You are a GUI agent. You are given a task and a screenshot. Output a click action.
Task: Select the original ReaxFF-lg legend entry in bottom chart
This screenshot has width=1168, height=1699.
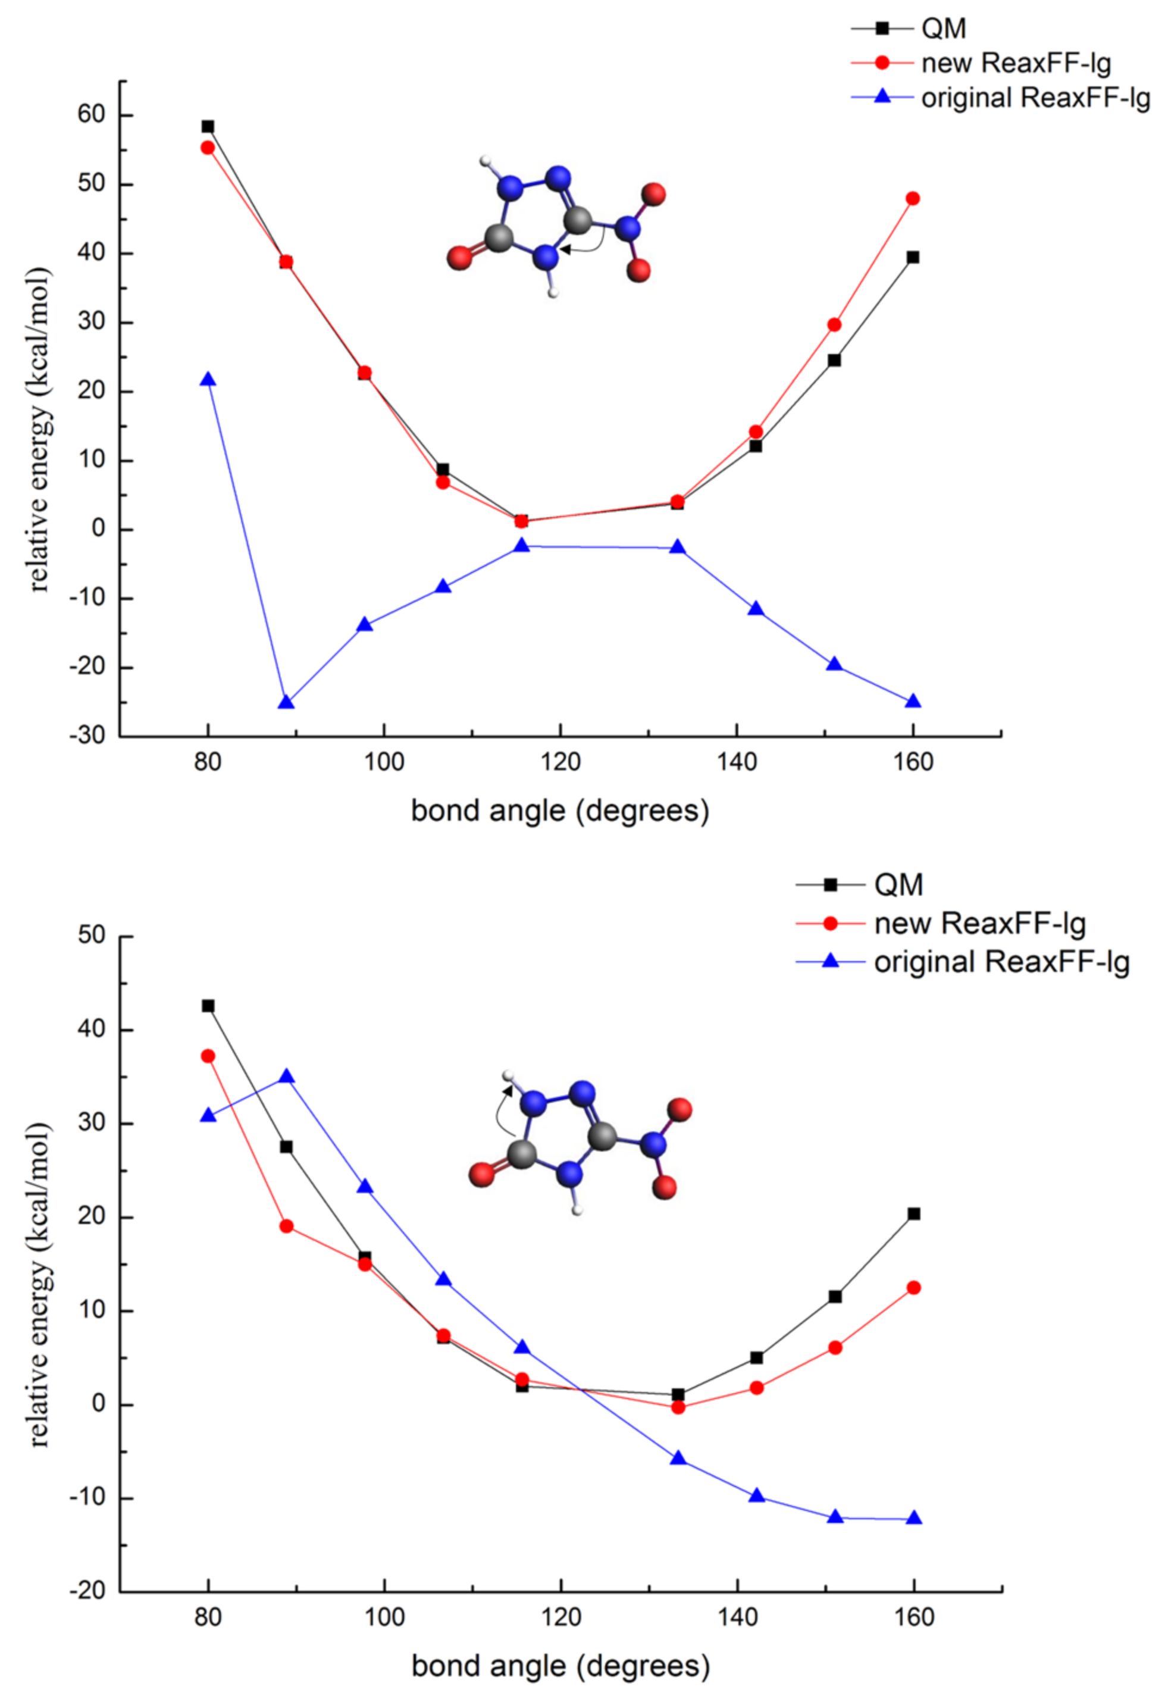tap(1001, 962)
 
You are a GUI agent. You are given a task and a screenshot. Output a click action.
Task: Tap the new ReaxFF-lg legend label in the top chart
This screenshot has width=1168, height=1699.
tap(1016, 64)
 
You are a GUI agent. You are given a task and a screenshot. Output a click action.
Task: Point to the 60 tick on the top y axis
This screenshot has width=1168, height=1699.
tap(92, 115)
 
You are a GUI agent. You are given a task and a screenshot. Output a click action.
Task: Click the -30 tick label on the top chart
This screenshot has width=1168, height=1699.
tap(87, 736)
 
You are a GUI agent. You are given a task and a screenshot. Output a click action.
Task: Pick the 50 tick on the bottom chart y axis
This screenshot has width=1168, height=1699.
tap(92, 935)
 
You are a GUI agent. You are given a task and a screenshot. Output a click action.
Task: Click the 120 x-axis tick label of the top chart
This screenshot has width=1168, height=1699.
tap(560, 763)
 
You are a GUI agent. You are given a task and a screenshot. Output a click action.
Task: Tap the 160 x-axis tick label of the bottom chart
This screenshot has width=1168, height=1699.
tap(914, 1617)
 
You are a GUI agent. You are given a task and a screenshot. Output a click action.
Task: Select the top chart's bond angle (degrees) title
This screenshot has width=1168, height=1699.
tap(560, 811)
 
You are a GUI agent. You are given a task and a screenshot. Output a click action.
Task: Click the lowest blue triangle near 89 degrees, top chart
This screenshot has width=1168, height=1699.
tap(286, 703)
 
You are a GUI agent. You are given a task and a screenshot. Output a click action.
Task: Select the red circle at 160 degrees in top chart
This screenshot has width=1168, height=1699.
tap(913, 198)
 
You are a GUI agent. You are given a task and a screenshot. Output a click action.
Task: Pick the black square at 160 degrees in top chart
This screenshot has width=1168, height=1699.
tap(913, 258)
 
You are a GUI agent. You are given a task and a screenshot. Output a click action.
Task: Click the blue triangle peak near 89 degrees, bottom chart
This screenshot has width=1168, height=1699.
tap(287, 1076)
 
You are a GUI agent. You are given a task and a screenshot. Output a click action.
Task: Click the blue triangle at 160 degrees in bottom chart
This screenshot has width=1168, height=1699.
tap(913, 1518)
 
